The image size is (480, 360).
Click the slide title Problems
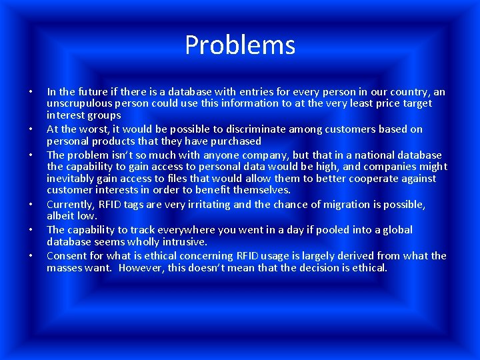[240, 45]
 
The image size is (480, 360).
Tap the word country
[406, 91]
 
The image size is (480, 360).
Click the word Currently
[71, 204]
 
